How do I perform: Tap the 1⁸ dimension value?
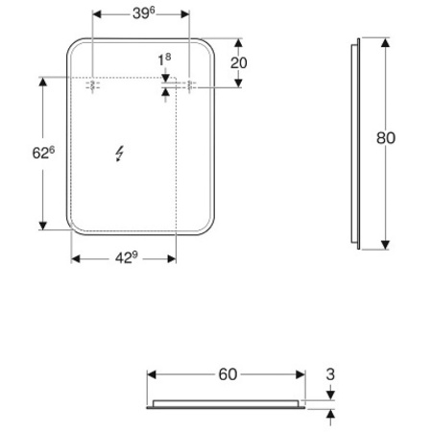tap(164, 60)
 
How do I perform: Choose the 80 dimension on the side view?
tap(386, 137)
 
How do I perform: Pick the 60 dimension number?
tap(227, 373)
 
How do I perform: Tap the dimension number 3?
tap(332, 373)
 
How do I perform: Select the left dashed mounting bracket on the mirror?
tap(93, 85)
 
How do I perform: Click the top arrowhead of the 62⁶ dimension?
tap(42, 82)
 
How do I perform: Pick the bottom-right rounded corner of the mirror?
tap(205, 228)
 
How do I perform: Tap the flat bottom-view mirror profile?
tap(227, 402)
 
